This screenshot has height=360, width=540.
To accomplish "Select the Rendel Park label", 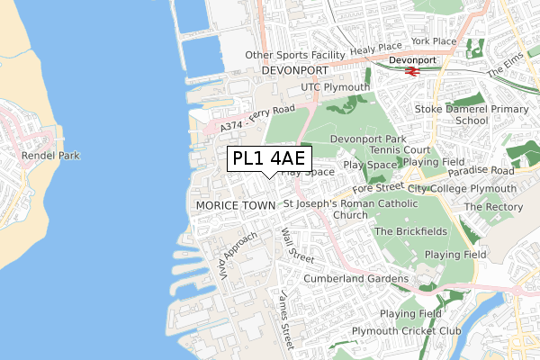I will point(50,156).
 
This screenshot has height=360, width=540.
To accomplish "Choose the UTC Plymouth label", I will point(336,87).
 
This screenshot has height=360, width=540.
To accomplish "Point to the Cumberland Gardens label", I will point(355,279).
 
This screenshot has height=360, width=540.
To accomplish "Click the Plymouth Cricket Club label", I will point(406,331).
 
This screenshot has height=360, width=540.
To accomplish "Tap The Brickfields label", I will point(409,231).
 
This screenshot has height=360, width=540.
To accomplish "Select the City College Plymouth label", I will point(462,189).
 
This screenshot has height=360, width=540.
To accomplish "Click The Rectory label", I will point(487,207).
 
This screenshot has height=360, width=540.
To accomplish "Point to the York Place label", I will point(433,41).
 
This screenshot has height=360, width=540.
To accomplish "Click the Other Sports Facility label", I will point(295,55).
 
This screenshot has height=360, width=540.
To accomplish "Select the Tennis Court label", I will point(392,150).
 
